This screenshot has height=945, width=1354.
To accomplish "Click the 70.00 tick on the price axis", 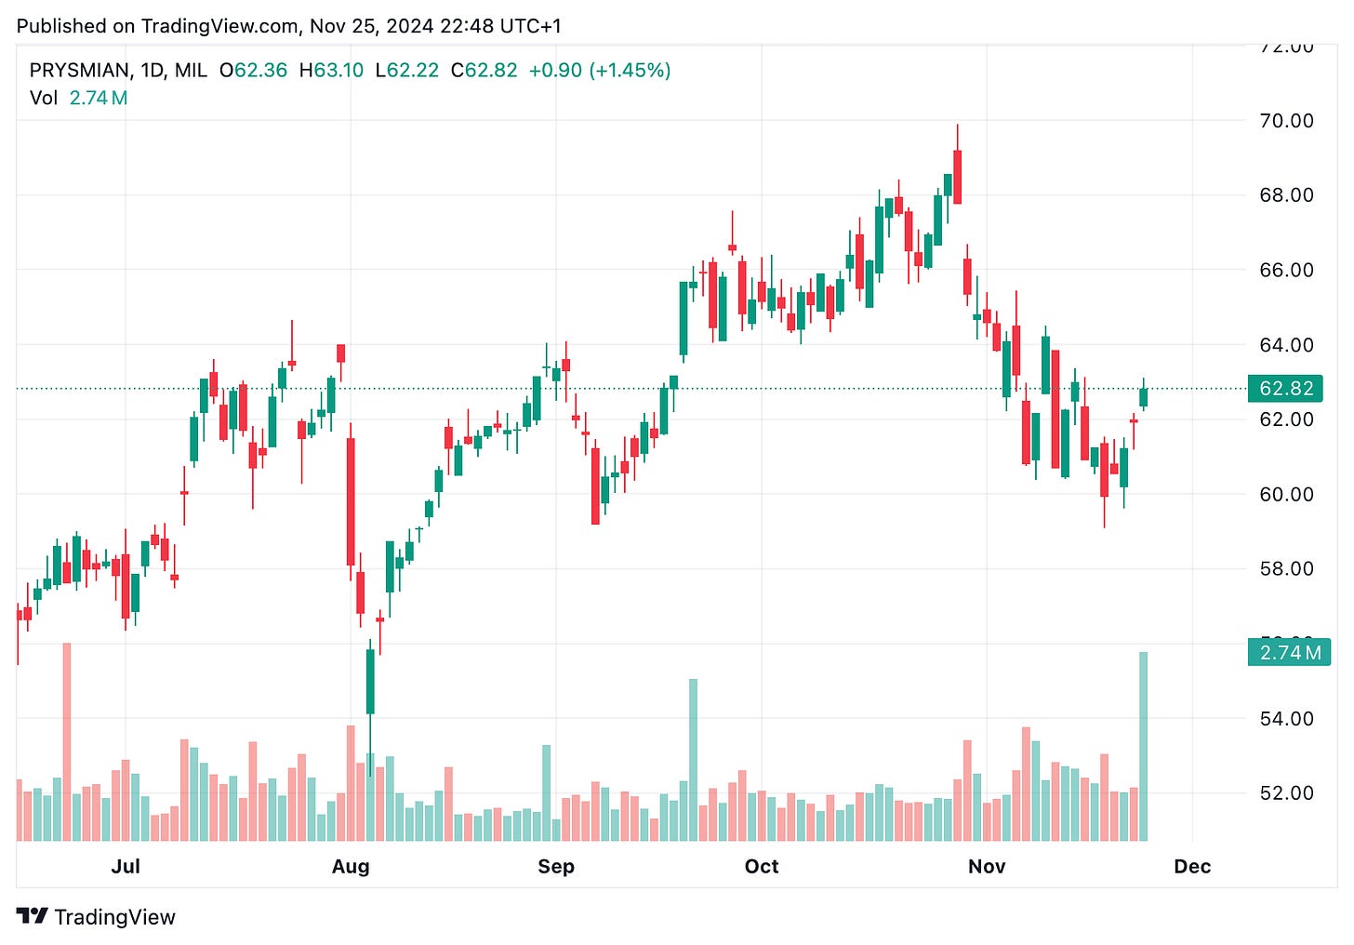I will [1286, 121].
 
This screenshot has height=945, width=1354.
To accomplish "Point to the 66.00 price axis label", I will [1286, 271].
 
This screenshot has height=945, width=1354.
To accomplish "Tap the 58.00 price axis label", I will [1286, 569].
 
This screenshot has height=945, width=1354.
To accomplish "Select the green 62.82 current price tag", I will [1285, 389].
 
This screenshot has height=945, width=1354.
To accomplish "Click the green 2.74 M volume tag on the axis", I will [1289, 653].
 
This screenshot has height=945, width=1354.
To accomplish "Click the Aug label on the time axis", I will [351, 867].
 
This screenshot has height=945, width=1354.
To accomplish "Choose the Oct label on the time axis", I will [762, 867].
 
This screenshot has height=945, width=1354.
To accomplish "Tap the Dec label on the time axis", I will [1192, 867].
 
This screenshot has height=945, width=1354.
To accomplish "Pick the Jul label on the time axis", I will [126, 867].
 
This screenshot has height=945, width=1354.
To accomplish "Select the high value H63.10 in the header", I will [331, 71].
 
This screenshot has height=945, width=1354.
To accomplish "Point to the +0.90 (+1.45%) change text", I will [599, 71].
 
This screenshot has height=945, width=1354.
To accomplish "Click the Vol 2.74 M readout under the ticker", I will [78, 99].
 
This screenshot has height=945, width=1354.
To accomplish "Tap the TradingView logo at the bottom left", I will [96, 917].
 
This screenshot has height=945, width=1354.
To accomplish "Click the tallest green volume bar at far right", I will [1143, 744].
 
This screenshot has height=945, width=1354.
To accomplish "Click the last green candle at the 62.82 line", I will [1143, 397].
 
